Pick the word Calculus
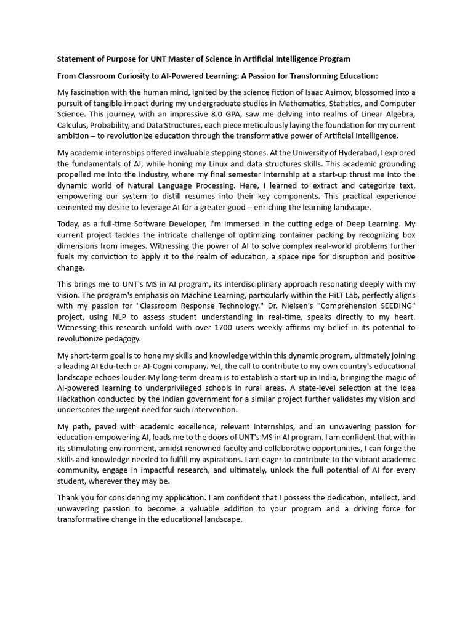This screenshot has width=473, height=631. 75,125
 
